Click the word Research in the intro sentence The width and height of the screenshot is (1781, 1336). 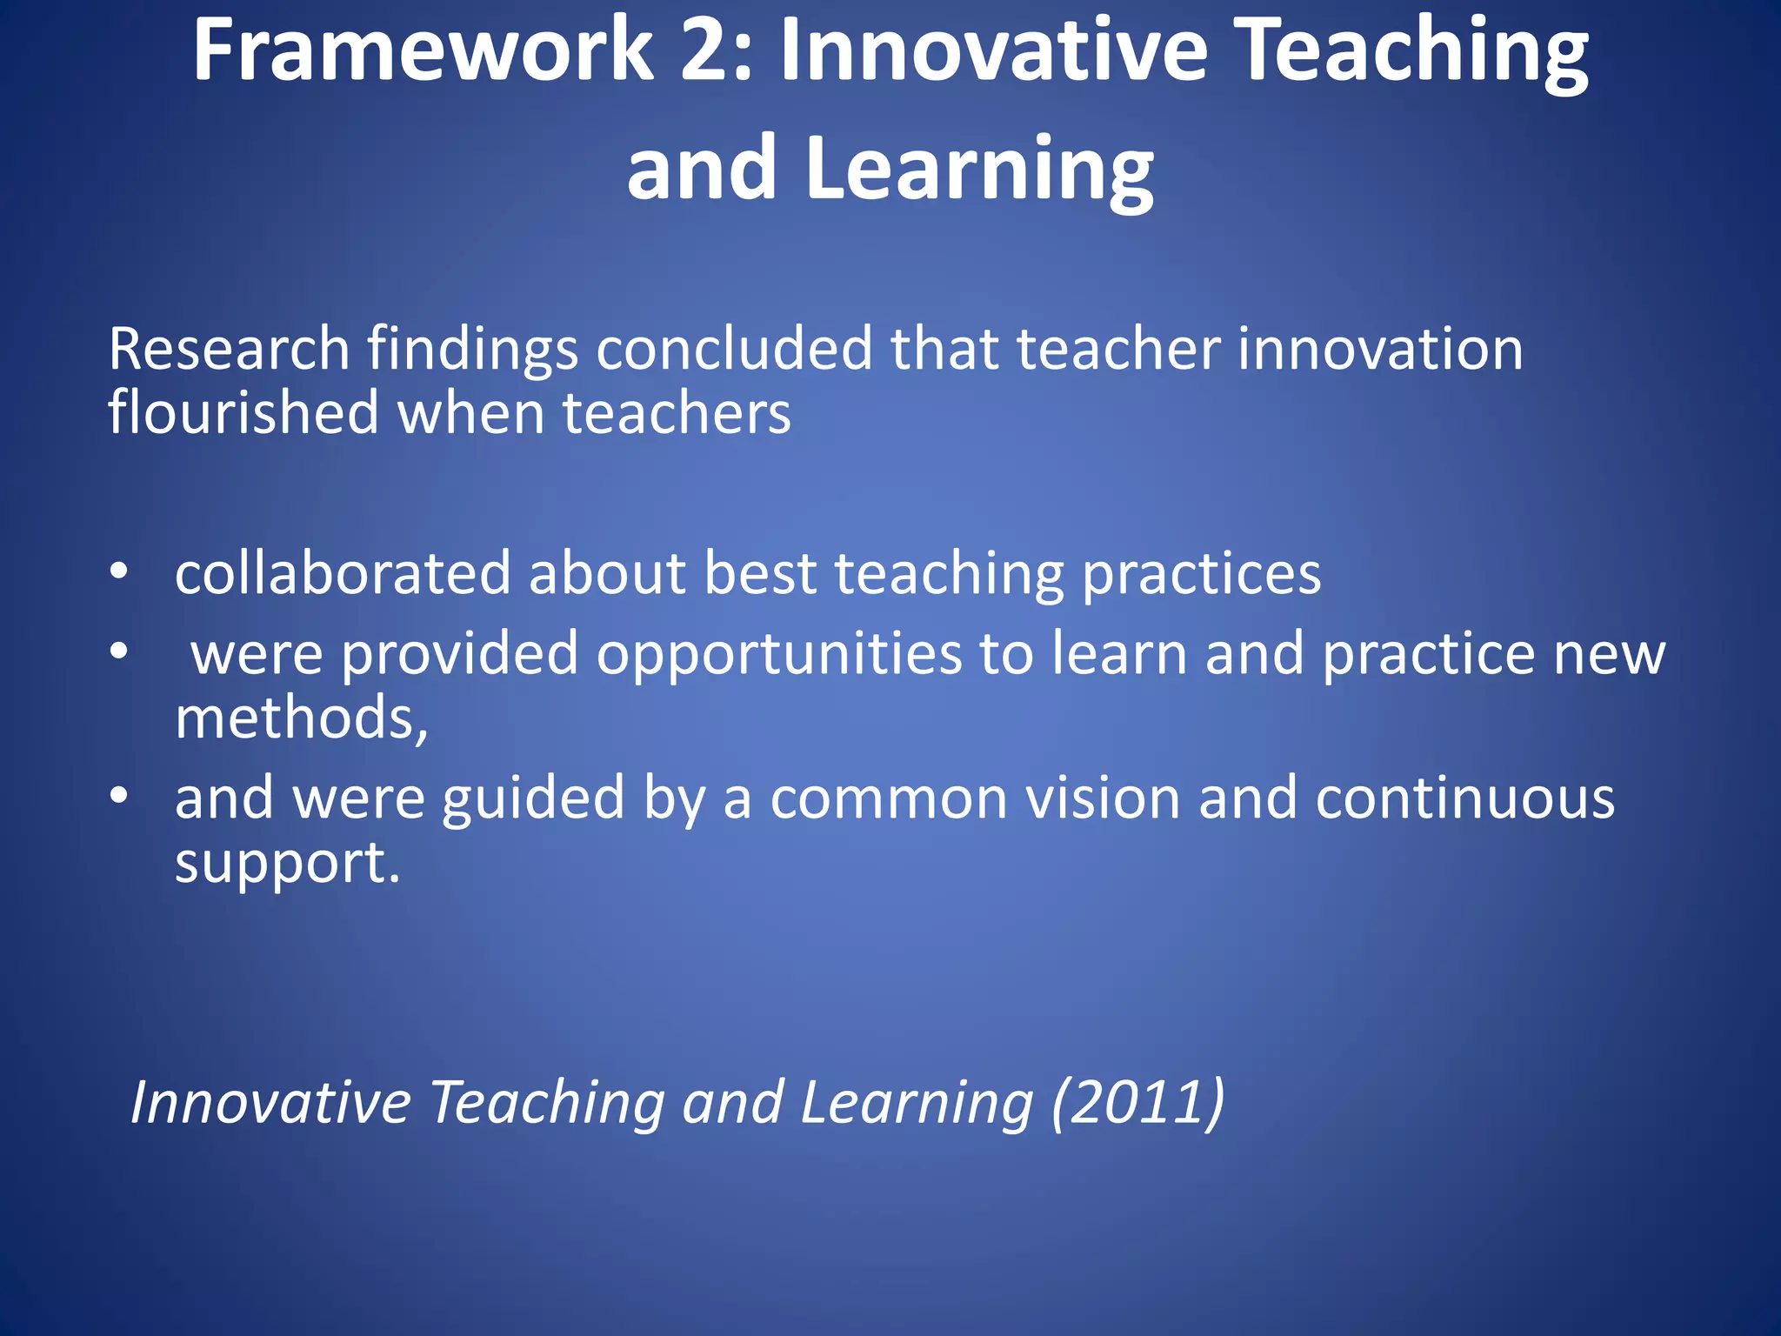pos(229,350)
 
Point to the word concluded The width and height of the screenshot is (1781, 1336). pos(734,350)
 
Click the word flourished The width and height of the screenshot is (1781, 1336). pos(243,413)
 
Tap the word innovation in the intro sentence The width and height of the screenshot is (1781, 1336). pos(1380,350)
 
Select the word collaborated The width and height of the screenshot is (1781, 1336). pos(343,574)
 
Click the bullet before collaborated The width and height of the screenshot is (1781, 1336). pos(119,571)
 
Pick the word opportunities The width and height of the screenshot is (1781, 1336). pos(779,654)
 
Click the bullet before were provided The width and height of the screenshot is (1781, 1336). pos(119,651)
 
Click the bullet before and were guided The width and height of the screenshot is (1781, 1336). pos(119,794)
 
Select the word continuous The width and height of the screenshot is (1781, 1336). pos(1464,798)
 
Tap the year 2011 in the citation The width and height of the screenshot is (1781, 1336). pos(1138,1103)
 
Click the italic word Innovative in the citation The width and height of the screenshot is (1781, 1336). pos(270,1103)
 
